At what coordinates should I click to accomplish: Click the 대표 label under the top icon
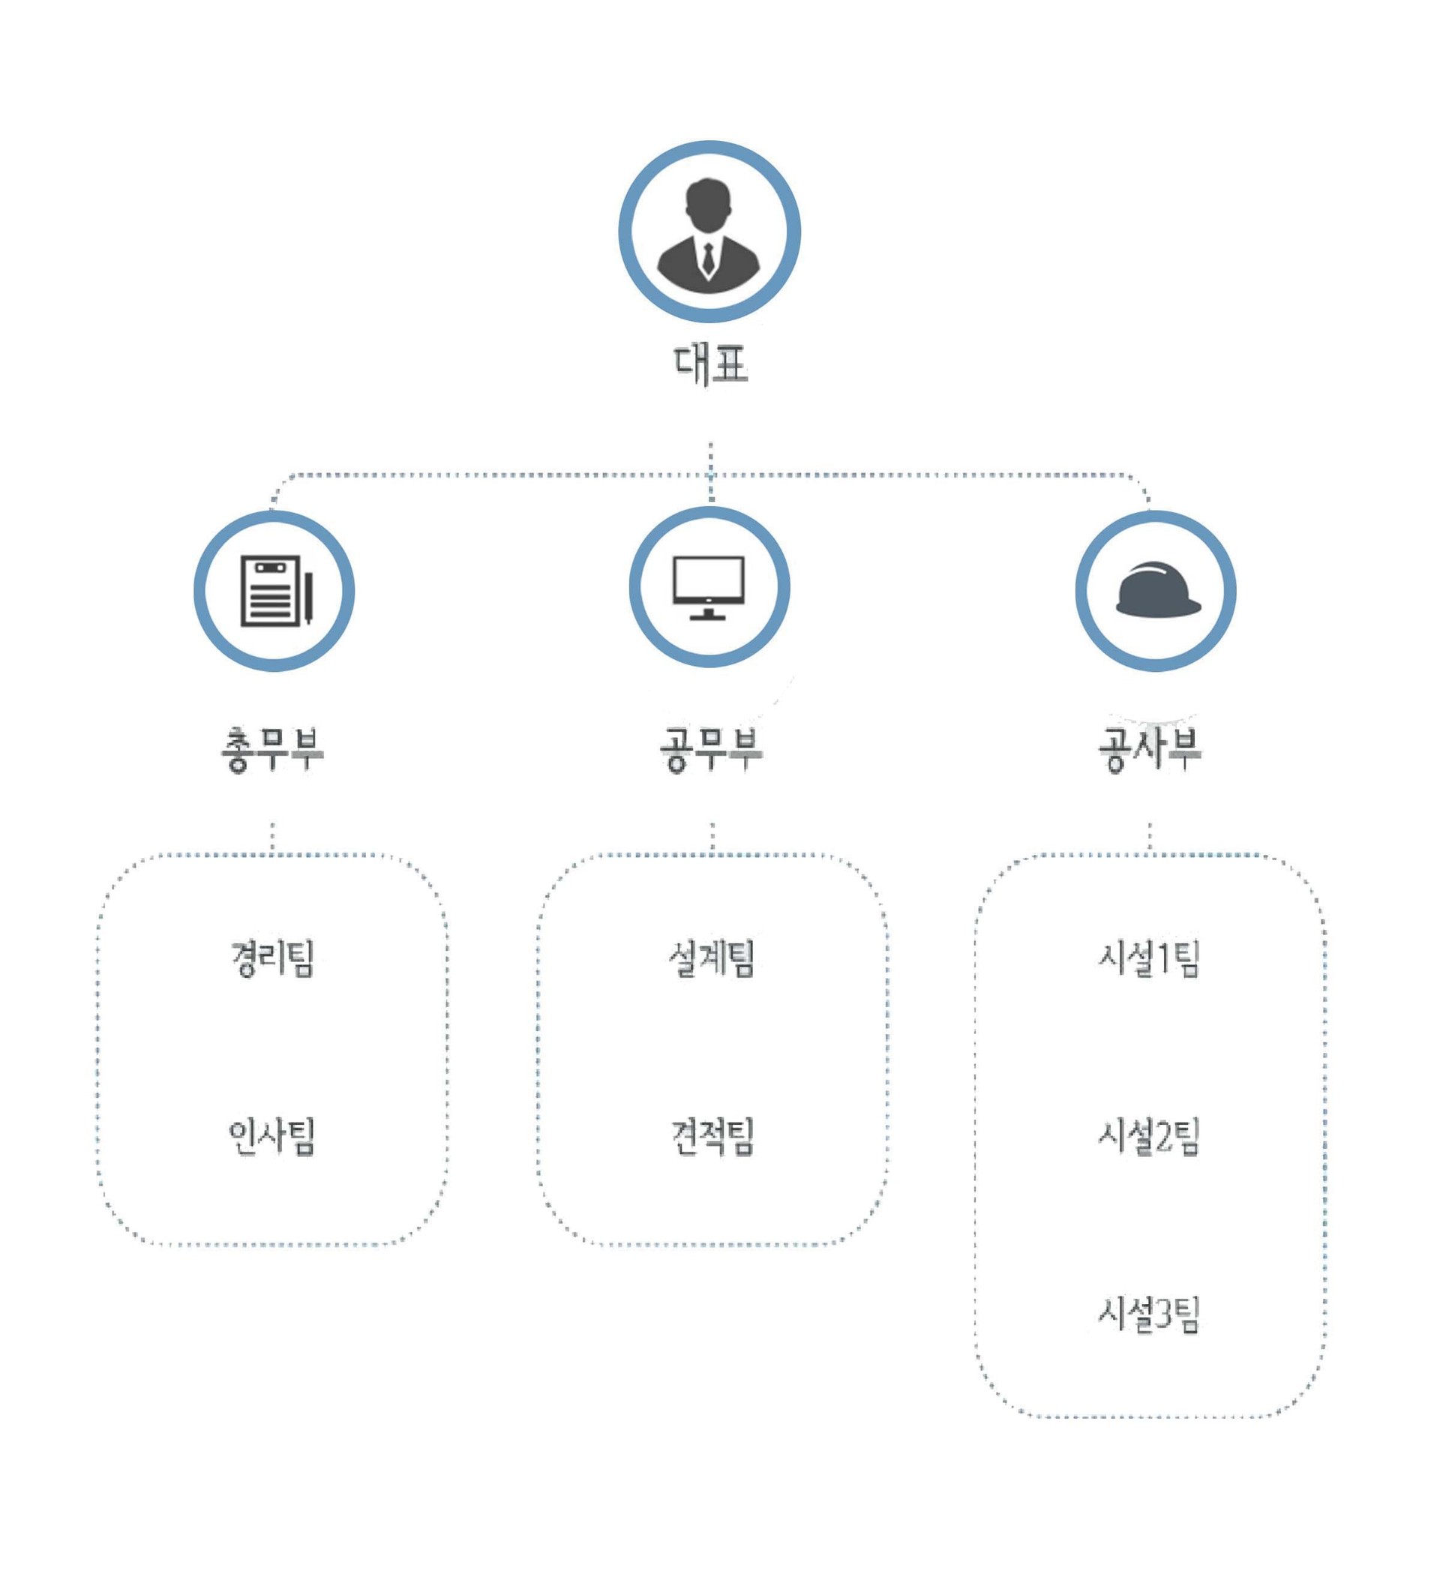709,364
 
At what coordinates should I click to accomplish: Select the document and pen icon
275,590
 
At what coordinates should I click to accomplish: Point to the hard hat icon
1157,590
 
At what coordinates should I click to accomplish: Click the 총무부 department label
272,748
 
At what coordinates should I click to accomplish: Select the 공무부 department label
710,748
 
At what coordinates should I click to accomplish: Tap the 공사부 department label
1150,748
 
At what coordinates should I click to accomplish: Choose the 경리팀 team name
272,958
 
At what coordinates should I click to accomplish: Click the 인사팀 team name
272,1136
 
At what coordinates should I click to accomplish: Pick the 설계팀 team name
711,958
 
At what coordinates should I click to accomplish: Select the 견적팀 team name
712,1136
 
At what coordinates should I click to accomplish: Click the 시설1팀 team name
1149,958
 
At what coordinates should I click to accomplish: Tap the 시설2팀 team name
1149,1136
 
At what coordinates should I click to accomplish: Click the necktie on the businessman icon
708,259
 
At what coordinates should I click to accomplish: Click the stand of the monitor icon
708,613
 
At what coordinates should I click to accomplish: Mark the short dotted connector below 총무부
273,837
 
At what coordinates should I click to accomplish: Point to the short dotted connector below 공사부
1150,837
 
